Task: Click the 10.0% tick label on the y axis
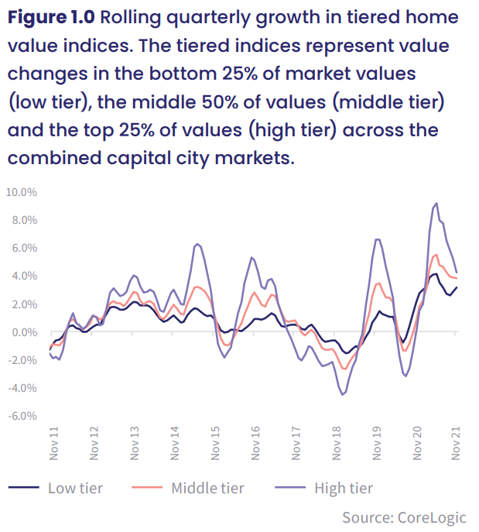pos(22,192)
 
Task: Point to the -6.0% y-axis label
pos(22,416)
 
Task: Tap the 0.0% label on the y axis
pos(25,332)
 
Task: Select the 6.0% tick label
pos(25,248)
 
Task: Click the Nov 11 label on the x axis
pos(54,443)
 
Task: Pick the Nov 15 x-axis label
pos(215,443)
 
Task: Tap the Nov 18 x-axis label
pos(337,443)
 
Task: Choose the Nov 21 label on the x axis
pos(456,443)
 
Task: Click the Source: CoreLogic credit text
pos(404,518)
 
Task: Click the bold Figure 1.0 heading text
pos(51,17)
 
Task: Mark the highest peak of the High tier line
pos(436,203)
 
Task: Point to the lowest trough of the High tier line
pos(342,395)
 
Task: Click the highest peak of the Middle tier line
pos(436,255)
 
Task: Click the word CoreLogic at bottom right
pos(432,518)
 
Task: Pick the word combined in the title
pos(54,158)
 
